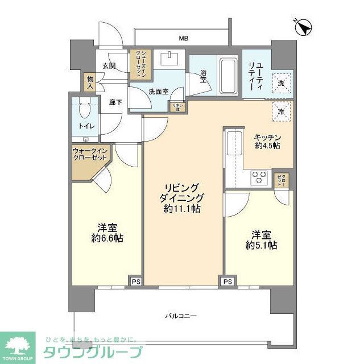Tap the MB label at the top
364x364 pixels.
point(183,39)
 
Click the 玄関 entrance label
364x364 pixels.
point(109,66)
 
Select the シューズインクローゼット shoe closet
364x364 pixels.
point(140,64)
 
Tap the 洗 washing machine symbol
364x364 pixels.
point(281,82)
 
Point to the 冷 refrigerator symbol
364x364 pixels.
point(281,111)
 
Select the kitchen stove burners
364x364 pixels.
point(259,177)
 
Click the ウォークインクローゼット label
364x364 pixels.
point(89,154)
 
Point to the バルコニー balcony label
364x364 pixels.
point(181,315)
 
